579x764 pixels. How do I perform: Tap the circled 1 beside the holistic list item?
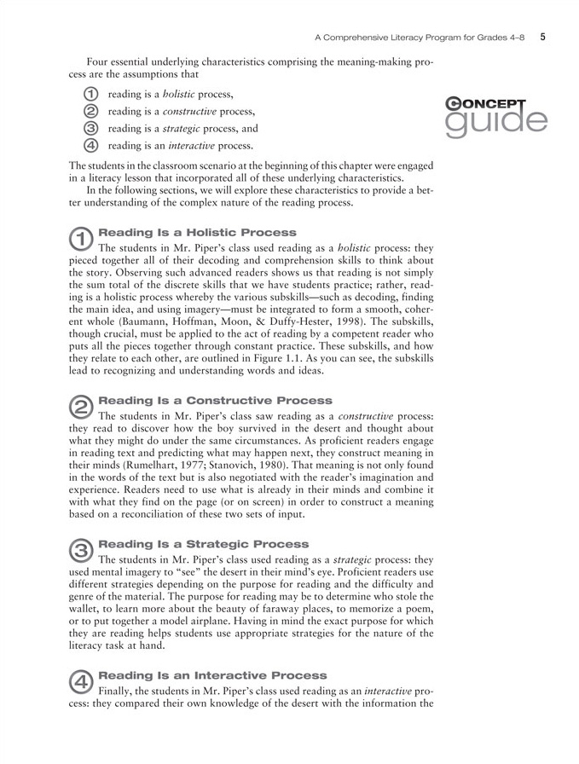(x=91, y=93)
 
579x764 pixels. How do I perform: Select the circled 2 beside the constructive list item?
(x=91, y=111)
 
